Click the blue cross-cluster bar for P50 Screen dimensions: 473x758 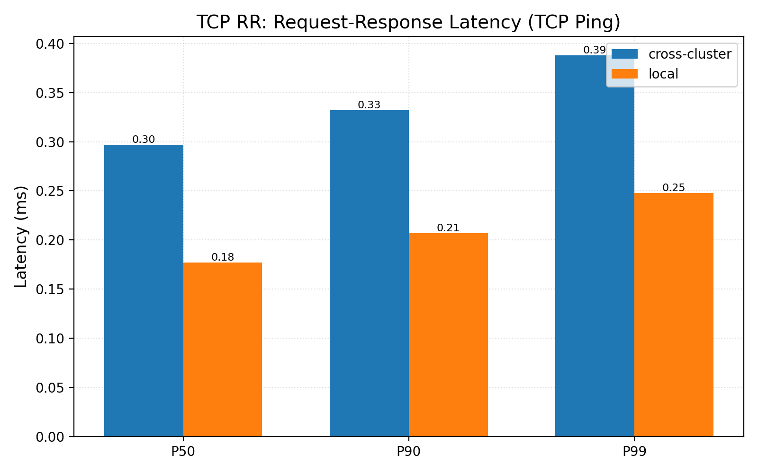(144, 290)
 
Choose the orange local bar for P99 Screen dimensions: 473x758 (674, 315)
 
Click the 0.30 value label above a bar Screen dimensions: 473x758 (144, 140)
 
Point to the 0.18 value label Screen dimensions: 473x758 (223, 257)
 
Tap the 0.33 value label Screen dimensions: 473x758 (369, 105)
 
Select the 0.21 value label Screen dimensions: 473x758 (448, 228)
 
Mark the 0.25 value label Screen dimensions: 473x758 (674, 188)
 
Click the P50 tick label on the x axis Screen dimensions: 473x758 (183, 452)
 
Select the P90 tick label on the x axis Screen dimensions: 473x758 (409, 452)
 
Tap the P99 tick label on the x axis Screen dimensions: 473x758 (634, 452)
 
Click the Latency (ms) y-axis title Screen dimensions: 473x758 (21, 236)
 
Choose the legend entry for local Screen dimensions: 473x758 (663, 74)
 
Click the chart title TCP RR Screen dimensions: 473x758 (408, 22)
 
